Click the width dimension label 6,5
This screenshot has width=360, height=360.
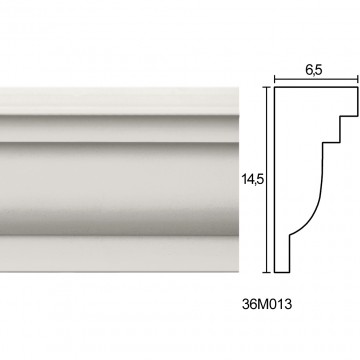[x=313, y=70]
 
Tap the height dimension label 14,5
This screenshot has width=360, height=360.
[x=253, y=180]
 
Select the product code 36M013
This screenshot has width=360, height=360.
[x=267, y=304]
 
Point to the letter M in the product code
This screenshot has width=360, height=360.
[x=262, y=304]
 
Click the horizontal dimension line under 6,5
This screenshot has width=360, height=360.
[x=316, y=79]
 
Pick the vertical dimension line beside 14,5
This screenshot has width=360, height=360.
[x=266, y=180]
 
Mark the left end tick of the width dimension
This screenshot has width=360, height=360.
[x=274, y=79]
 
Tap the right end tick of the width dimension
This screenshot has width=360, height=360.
[x=358, y=79]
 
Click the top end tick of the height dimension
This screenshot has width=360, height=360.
[x=266, y=87]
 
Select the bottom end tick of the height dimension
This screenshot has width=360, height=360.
[x=266, y=272]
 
